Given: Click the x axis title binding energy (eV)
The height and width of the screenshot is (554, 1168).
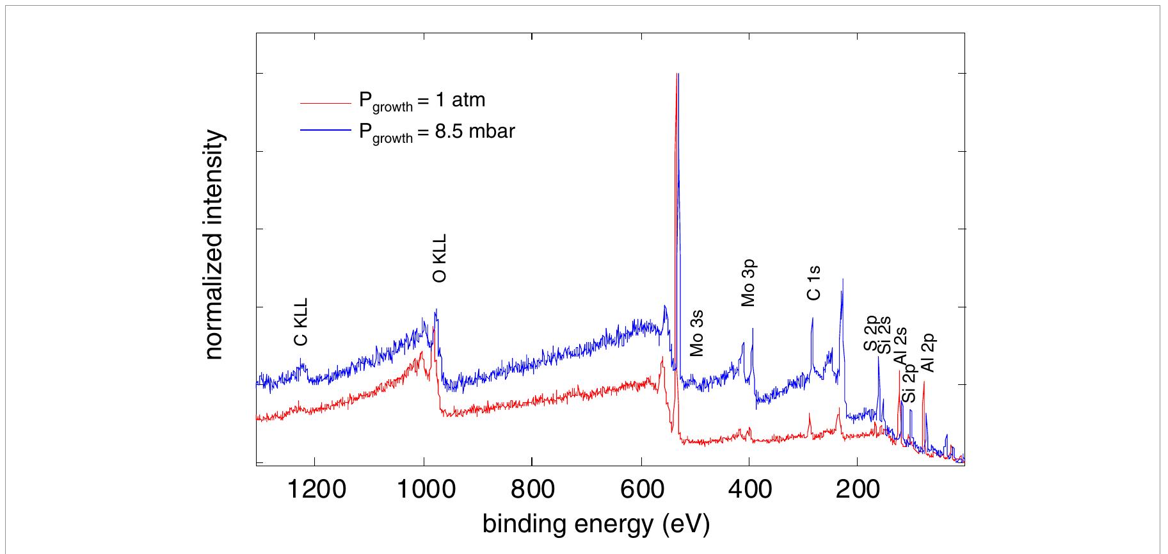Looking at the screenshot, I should click(x=596, y=525).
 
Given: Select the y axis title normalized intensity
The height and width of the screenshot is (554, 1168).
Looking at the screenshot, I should click(x=215, y=245).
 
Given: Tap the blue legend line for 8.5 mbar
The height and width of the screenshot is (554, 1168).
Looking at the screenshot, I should click(x=326, y=131).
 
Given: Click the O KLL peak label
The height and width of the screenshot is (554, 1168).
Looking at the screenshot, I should click(x=440, y=258).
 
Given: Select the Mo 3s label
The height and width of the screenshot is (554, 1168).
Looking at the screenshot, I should click(x=697, y=333).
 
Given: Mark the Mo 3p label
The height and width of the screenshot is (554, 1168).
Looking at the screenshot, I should click(x=748, y=283).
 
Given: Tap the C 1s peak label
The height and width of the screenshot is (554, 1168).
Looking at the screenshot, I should click(x=813, y=283).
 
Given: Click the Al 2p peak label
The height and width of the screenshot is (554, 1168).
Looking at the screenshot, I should click(x=928, y=352).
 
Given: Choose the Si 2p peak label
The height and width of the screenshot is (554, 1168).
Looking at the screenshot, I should click(x=909, y=386).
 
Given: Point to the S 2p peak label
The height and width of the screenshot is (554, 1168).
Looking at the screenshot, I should click(x=871, y=334).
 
